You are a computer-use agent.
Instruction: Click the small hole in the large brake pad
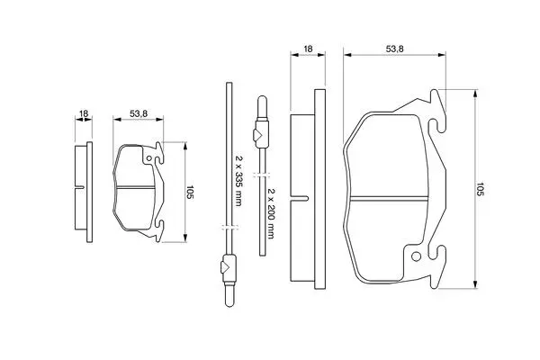pyautogui.click(x=416, y=256)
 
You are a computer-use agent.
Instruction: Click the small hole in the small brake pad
pyautogui.click(x=148, y=158)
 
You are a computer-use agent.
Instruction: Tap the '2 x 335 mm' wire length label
pyautogui.click(x=238, y=180)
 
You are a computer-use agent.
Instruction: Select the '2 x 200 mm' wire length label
pyautogui.click(x=271, y=213)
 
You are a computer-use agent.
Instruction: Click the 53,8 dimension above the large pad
pyautogui.click(x=394, y=49)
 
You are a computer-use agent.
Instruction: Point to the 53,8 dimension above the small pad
pyautogui.click(x=139, y=113)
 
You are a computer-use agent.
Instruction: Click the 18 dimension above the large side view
pyautogui.click(x=308, y=49)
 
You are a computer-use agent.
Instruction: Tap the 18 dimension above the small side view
pyautogui.click(x=84, y=113)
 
